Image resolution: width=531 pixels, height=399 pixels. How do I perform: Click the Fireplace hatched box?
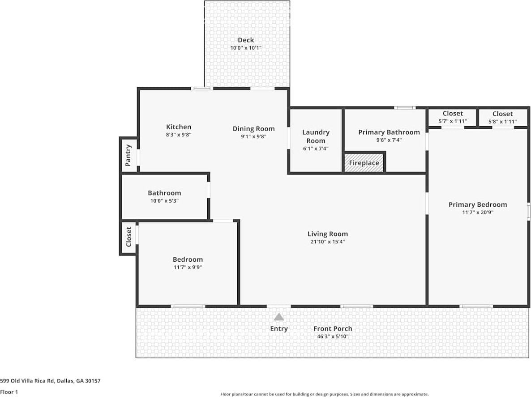364,162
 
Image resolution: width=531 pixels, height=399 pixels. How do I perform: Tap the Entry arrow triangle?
279,317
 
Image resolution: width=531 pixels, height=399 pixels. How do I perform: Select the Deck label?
246,40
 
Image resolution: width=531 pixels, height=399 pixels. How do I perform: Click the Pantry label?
128,155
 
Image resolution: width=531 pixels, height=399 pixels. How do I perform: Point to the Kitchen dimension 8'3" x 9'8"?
179,135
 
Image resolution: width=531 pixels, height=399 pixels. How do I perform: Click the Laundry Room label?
316,136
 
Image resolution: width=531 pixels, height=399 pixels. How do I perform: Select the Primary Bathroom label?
389,132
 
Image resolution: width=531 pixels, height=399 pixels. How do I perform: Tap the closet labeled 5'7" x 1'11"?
452,117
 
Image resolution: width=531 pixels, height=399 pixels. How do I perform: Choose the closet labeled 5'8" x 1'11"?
502,117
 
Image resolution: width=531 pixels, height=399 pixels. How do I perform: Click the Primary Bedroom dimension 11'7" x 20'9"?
478,212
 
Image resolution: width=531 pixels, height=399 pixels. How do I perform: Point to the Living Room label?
327,233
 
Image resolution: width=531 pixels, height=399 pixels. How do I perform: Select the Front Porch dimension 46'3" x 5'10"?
332,336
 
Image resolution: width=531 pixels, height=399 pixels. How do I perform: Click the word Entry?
278,329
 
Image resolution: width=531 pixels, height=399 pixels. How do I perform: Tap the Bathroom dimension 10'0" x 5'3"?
164,201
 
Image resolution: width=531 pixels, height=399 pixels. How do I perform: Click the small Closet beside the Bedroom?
128,237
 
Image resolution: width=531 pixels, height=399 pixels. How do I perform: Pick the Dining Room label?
253,129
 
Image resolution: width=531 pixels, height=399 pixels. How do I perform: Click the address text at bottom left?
50,381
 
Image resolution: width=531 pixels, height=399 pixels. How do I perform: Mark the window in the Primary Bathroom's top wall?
405,107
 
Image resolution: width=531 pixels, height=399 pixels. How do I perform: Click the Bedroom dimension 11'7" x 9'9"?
188,267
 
